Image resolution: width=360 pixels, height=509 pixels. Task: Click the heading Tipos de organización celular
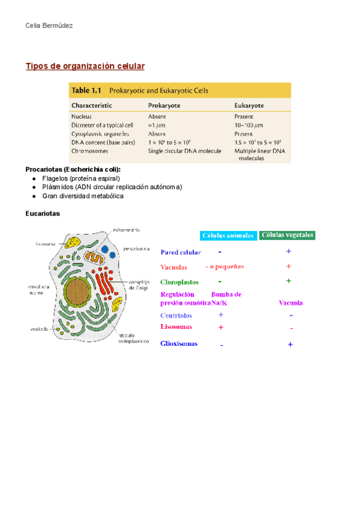(x=85, y=65)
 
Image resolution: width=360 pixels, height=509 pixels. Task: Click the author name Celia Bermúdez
(x=50, y=26)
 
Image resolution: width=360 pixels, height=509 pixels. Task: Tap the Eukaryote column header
(x=249, y=105)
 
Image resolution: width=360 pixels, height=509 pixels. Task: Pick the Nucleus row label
(x=82, y=116)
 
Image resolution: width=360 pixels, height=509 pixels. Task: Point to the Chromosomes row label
(x=90, y=151)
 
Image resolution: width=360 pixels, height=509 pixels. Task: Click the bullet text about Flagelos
(x=81, y=179)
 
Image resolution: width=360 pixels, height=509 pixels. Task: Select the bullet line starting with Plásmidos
(x=112, y=187)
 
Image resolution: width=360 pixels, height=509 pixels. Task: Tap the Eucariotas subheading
(x=43, y=213)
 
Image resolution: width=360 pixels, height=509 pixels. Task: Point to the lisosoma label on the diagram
(x=46, y=244)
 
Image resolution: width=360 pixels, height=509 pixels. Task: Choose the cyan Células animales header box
(x=227, y=236)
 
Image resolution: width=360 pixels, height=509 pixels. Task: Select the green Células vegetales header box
(x=287, y=235)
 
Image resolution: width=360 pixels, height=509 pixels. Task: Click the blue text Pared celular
(x=181, y=253)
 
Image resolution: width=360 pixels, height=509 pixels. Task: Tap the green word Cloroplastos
(x=179, y=282)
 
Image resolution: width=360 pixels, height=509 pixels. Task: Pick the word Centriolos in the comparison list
(x=176, y=316)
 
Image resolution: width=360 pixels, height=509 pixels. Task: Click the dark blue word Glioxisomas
(x=179, y=344)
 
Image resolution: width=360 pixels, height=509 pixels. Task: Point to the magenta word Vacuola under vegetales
(x=290, y=303)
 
